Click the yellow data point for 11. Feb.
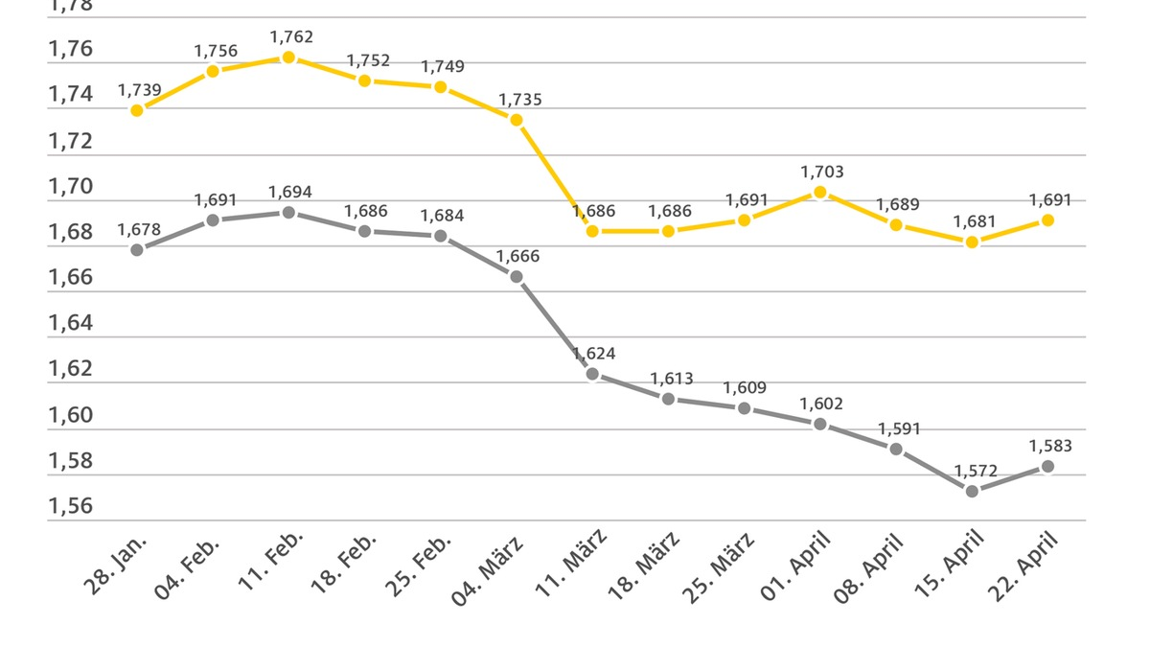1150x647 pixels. point(288,58)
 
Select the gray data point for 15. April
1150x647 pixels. point(972,491)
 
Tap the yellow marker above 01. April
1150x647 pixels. point(820,193)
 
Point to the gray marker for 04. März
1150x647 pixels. point(517,277)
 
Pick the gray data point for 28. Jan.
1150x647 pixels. point(137,250)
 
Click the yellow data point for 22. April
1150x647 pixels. point(1047,220)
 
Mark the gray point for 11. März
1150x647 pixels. point(592,374)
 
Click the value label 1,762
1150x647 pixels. point(291,37)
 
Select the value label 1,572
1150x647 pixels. point(976,471)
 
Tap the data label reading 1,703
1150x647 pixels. point(822,173)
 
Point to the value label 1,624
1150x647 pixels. point(594,354)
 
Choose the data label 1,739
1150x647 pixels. point(140,90)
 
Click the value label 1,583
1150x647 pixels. point(1050,446)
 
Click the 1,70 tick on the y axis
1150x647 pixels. point(71,187)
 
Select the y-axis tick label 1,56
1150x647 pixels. point(71,506)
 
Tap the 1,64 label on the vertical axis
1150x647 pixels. point(71,324)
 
